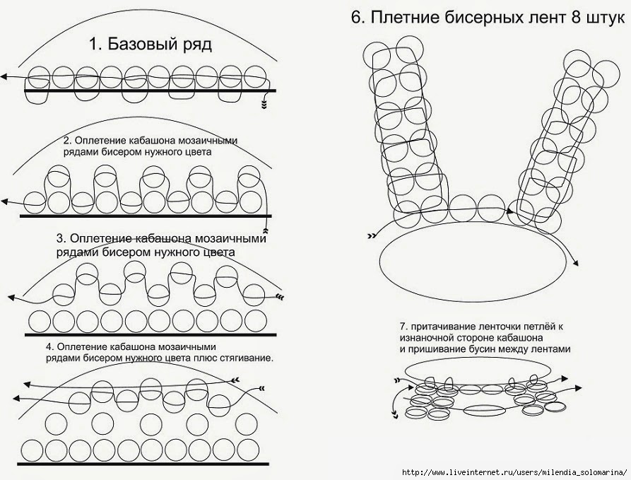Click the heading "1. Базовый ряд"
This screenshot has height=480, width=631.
(151, 45)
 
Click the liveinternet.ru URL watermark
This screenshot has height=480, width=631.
(514, 472)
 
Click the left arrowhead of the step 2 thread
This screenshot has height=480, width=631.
(4, 202)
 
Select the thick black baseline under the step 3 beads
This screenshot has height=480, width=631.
(145, 332)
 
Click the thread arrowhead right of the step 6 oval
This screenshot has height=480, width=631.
(576, 264)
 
